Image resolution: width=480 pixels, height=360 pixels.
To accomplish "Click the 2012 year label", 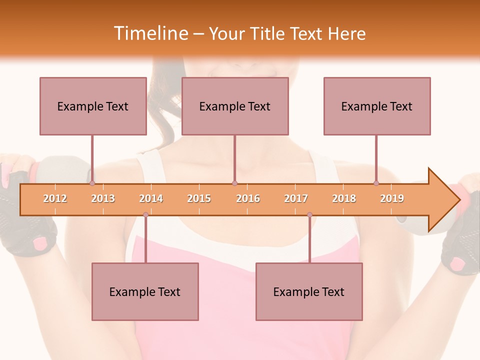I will coord(55,198).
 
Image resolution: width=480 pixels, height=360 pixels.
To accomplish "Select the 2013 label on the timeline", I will coord(103,198).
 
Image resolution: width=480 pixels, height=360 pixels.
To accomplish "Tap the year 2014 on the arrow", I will coord(151,198).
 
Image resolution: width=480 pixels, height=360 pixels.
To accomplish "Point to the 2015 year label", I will coord(199,198).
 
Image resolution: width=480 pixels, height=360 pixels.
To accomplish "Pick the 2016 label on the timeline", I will coord(248,198).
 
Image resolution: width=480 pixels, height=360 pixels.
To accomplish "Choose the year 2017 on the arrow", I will coord(296,198).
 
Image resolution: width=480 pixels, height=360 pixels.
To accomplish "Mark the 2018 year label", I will coord(344,198).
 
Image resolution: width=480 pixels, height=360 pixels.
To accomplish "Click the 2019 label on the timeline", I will coord(392,198).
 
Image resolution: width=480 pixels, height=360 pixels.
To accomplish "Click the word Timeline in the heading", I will coord(150,33).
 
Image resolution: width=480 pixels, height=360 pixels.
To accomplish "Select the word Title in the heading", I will coord(268,33).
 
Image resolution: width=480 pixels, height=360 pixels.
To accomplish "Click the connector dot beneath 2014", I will coord(145,214).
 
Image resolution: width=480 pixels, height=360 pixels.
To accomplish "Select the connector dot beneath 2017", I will coord(309,214).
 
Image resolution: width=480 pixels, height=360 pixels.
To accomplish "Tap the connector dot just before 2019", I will coord(376,183).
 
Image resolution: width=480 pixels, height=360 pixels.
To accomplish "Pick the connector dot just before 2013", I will coord(92,183).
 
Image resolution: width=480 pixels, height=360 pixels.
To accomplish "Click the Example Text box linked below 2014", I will coord(145,292).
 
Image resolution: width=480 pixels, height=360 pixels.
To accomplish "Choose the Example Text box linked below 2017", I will coord(309,292).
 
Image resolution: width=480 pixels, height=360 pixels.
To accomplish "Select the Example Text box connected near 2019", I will coord(377,106).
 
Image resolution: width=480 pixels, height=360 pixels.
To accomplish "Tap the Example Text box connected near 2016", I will coord(235,106).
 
